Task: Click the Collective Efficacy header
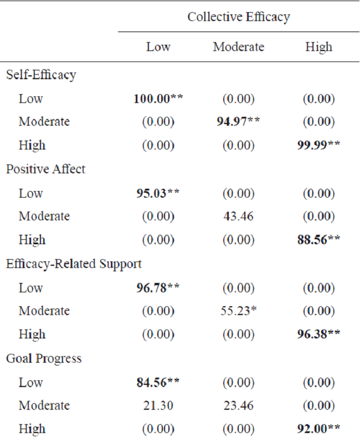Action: click(238, 17)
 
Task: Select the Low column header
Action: click(158, 47)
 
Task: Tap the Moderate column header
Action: click(238, 47)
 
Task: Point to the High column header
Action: click(318, 47)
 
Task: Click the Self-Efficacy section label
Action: click(41, 75)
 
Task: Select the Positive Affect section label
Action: click(46, 169)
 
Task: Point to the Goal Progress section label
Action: click(44, 359)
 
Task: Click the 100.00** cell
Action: click(158, 99)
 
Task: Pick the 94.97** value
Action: click(238, 122)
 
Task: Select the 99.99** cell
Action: click(318, 146)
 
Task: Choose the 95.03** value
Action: click(158, 193)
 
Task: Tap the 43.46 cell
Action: click(238, 217)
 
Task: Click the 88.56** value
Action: click(318, 240)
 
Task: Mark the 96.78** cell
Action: click(158, 288)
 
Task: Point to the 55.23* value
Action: click(238, 311)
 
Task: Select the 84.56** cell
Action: click(158, 383)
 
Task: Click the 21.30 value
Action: click(158, 406)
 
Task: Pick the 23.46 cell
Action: click(238, 406)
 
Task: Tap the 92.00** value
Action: click(318, 429)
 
